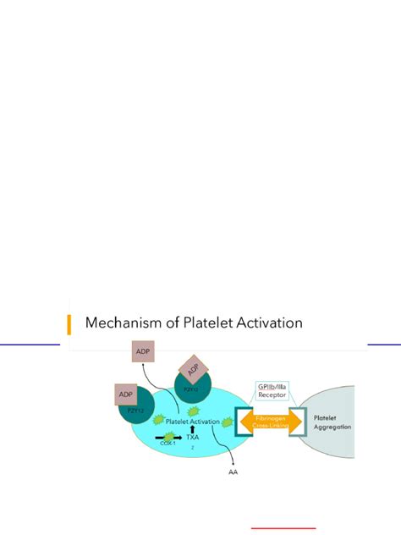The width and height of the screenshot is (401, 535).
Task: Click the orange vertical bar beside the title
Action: tap(69, 323)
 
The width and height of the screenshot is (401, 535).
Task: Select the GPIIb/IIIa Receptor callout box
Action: tap(272, 391)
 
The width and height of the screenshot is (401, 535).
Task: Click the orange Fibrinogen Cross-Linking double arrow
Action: tap(272, 422)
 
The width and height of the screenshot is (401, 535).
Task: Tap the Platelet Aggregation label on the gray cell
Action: tap(332, 422)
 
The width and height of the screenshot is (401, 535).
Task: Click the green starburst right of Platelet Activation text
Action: tap(227, 421)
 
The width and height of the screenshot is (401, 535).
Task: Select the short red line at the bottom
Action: tap(283, 527)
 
